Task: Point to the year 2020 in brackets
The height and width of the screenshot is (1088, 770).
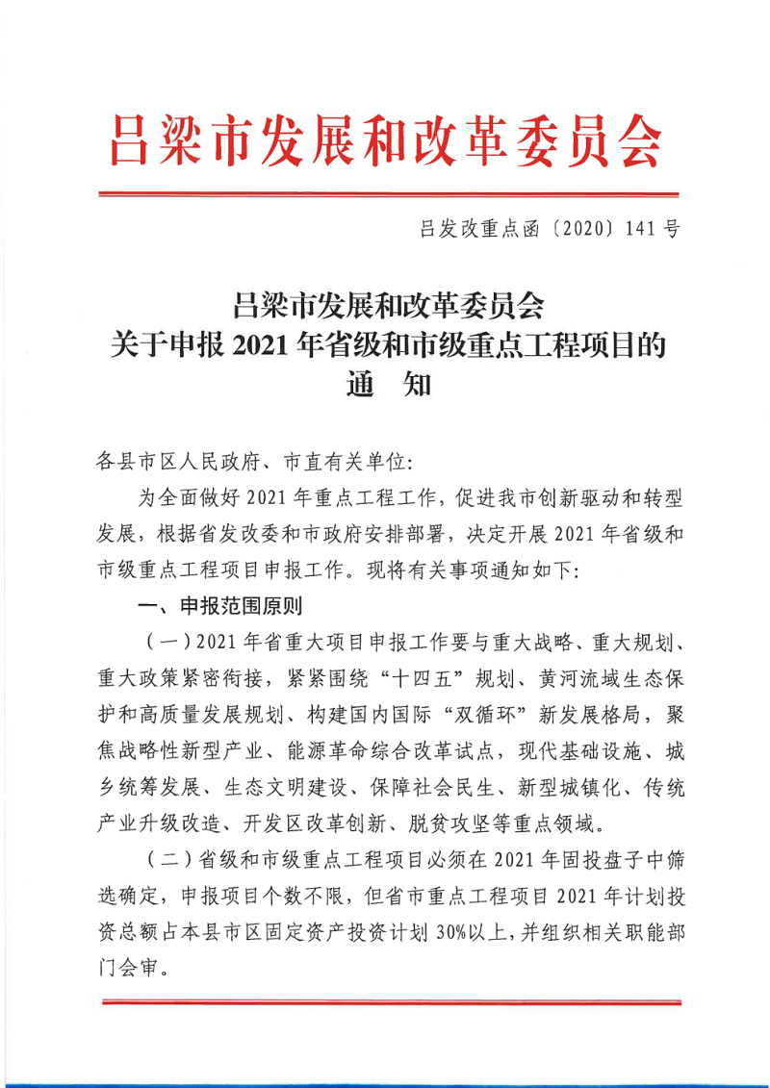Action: (x=577, y=229)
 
